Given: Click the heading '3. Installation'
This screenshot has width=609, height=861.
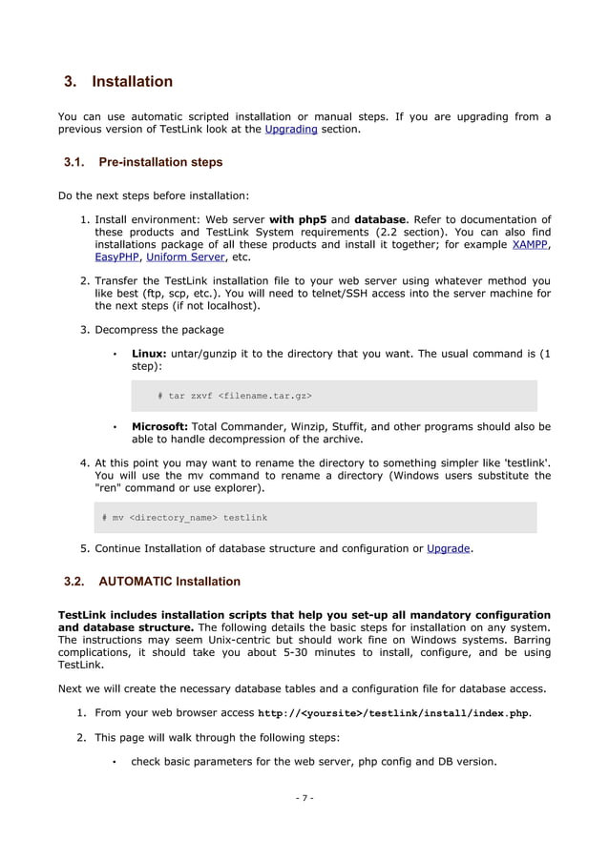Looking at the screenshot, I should (118, 81).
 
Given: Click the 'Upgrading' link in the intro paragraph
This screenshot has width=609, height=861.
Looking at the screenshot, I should (291, 129).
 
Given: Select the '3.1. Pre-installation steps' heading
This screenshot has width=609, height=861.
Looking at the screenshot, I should (142, 162).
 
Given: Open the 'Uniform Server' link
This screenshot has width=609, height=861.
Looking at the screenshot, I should (188, 256).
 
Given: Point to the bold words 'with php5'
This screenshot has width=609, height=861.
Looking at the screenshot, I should (299, 220).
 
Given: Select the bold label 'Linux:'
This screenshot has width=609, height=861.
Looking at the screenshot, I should (148, 354).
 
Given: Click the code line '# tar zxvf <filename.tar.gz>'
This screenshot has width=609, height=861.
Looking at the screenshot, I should (234, 395).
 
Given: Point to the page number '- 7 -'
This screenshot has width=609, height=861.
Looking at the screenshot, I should (304, 797).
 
